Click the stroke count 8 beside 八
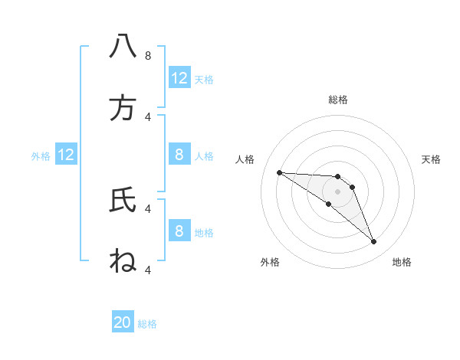click(x=147, y=56)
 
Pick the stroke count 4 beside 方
click(x=147, y=116)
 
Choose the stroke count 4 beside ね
click(x=147, y=270)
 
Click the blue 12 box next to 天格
click(x=179, y=78)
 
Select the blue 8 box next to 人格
click(x=179, y=155)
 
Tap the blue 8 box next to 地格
click(x=179, y=231)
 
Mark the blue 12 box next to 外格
click(x=66, y=155)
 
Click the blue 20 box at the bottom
click(x=123, y=322)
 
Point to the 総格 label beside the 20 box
click(x=147, y=324)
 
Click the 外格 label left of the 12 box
click(x=41, y=156)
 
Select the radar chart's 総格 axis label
click(x=338, y=100)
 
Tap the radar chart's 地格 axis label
click(x=402, y=262)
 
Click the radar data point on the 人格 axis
click(x=279, y=172)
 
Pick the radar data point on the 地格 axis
click(x=373, y=242)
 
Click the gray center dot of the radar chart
click(x=338, y=191)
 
